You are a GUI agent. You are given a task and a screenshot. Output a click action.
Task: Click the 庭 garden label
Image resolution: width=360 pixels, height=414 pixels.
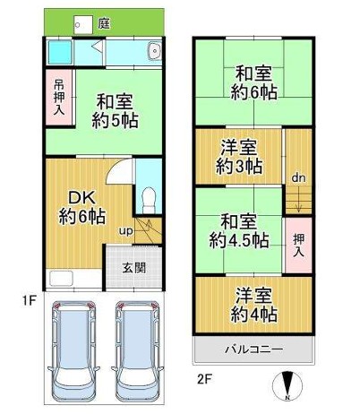click(x=104, y=23)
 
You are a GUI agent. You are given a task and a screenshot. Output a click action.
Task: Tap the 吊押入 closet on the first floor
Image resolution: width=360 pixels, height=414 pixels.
click(x=59, y=98)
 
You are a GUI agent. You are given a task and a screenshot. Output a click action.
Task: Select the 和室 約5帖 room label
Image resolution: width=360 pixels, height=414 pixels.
click(x=115, y=111)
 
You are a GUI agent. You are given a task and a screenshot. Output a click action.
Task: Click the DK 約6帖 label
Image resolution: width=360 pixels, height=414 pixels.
click(x=81, y=208)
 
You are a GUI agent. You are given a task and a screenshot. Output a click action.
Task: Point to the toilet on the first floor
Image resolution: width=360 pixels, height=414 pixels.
click(x=149, y=200)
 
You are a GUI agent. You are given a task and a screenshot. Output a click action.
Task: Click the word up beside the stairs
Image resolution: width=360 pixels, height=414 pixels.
click(x=125, y=231)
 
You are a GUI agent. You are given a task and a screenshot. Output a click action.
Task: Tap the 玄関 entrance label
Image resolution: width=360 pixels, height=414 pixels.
click(x=134, y=268)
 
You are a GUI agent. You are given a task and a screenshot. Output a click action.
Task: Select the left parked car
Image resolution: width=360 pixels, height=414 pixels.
click(x=73, y=351)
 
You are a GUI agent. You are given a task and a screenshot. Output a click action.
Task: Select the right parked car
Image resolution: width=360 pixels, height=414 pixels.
click(x=137, y=351)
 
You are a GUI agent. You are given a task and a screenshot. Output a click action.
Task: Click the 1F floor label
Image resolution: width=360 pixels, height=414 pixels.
click(x=30, y=300)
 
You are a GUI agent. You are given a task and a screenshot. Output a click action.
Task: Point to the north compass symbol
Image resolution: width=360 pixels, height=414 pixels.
click(x=287, y=386)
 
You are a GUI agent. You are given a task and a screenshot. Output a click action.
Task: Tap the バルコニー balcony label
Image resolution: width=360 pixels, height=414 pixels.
click(x=253, y=349)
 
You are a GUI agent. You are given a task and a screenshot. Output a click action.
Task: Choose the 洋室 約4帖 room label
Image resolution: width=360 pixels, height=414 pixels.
click(x=253, y=305)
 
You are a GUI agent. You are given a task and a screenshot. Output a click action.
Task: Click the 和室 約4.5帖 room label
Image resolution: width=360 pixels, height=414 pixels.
click(x=239, y=230)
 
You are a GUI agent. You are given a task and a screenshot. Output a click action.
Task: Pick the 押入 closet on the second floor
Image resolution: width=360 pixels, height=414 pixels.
click(x=298, y=246)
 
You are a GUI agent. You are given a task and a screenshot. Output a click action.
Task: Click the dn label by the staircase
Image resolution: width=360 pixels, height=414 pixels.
click(x=298, y=178)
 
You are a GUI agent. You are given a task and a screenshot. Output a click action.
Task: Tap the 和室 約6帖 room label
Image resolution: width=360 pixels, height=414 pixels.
click(x=253, y=82)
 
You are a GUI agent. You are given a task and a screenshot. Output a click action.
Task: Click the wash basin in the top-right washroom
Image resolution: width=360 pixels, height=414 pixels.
click(x=155, y=51)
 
